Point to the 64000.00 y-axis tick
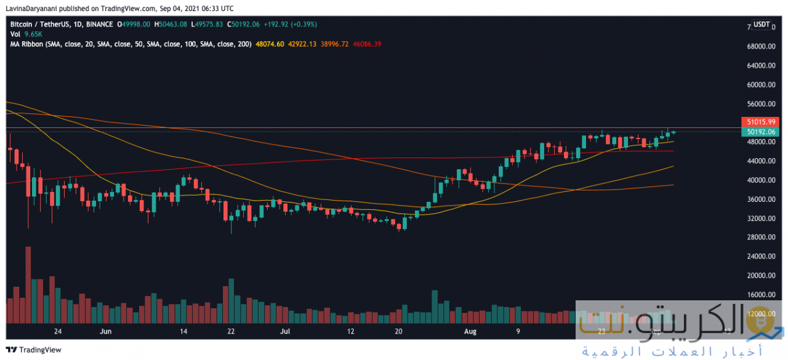pos(757,65)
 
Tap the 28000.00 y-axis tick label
pos(757,238)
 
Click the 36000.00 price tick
pos(757,199)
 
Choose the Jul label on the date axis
pos(285,331)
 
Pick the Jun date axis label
pos(106,331)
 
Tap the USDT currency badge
pos(762,25)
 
